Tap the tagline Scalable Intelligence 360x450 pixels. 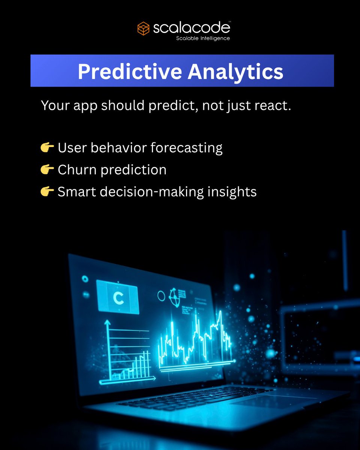point(203,38)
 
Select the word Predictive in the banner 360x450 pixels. point(129,72)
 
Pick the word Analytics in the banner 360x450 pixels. point(235,72)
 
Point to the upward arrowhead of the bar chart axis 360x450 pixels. point(108,322)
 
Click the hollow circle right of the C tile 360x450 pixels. point(161,296)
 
